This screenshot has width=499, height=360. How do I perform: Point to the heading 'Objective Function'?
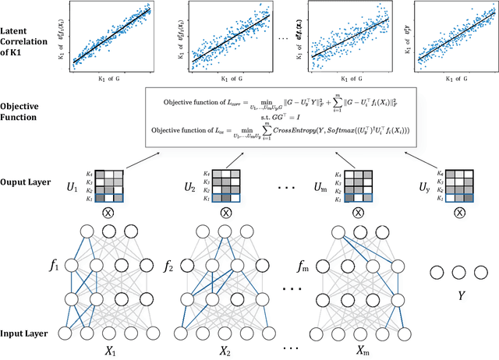click(23, 111)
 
